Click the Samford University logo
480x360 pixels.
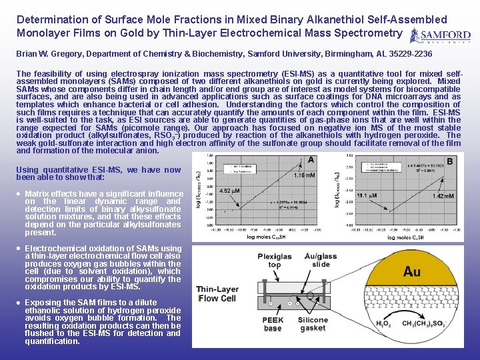point(440,36)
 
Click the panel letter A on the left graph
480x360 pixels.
point(311,160)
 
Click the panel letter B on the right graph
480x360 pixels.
point(449,160)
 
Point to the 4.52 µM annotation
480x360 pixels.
point(230,191)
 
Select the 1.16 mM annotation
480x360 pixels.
point(304,175)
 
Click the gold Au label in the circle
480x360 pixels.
point(411,271)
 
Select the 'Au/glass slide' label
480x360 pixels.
point(320,260)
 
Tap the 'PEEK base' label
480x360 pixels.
point(272,324)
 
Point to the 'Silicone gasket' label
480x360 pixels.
point(313,324)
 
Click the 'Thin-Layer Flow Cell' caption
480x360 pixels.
point(217,294)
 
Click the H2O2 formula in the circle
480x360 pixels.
point(383,323)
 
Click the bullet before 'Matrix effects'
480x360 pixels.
point(19,194)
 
